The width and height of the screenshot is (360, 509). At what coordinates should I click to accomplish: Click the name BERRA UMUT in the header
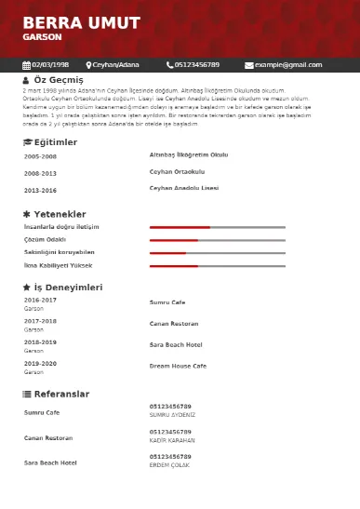click(x=82, y=23)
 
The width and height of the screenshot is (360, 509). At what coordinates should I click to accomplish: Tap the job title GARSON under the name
click(x=42, y=37)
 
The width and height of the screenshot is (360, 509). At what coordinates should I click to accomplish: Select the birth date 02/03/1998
click(x=50, y=65)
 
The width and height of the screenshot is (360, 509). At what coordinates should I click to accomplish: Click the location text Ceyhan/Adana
click(x=113, y=65)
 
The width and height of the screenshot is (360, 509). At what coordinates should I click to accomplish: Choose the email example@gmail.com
click(x=288, y=65)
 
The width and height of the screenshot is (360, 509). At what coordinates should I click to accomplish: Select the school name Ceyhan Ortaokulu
click(x=177, y=172)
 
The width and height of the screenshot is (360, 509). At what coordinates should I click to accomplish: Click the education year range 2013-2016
click(x=40, y=190)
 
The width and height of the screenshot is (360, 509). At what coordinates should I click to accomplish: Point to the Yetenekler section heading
click(x=60, y=214)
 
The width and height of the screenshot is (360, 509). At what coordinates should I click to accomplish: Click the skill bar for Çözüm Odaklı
click(x=217, y=240)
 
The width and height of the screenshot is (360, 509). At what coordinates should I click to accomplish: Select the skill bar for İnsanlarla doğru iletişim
click(x=217, y=227)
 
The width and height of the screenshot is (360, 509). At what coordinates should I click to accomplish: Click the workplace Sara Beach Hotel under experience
click(x=176, y=344)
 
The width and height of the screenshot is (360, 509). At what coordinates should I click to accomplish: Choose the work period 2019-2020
click(x=40, y=363)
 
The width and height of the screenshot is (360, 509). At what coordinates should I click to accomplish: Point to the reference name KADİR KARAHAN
click(x=172, y=440)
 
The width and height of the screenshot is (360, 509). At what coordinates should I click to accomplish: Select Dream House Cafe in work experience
click(x=178, y=366)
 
